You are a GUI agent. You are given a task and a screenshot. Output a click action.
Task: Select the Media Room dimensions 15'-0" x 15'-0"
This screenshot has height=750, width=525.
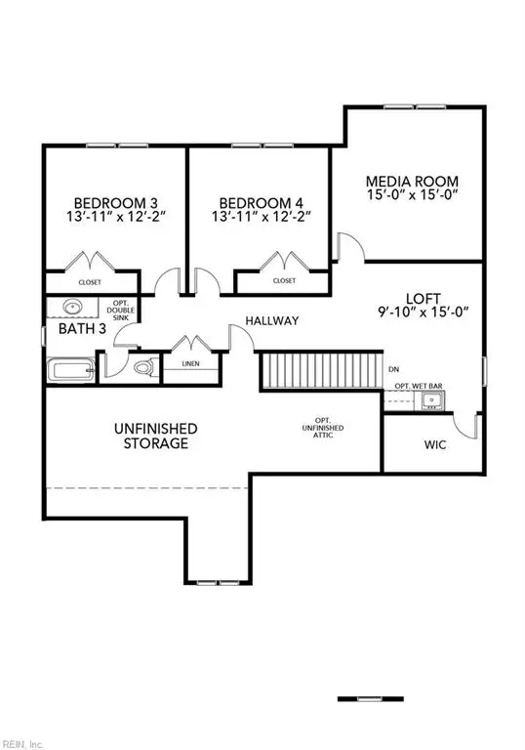point(413,195)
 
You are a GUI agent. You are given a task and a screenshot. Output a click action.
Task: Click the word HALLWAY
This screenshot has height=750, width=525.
point(272,321)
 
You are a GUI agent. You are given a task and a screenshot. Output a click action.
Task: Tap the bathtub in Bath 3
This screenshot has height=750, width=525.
point(71,370)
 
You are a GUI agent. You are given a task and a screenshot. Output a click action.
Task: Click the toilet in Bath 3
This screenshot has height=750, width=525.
point(145,367)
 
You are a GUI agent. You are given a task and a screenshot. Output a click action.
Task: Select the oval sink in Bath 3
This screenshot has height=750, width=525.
point(72,306)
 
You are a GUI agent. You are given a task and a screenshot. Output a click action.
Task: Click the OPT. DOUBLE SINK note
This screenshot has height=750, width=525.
point(120,310)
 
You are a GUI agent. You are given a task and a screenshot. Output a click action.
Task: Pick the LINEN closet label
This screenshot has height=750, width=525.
point(191,364)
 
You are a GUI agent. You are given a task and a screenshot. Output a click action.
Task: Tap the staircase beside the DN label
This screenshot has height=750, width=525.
point(322,371)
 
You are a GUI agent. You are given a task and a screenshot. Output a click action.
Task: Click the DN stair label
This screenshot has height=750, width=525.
point(393,369)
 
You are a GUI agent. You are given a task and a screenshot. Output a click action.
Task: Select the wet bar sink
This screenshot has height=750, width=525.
point(432,400)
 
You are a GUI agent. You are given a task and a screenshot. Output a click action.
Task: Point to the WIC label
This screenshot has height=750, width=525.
point(435,445)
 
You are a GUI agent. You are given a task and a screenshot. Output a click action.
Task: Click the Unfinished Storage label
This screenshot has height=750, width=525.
point(156,436)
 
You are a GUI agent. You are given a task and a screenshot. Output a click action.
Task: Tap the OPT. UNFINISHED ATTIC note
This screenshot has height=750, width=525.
point(323,428)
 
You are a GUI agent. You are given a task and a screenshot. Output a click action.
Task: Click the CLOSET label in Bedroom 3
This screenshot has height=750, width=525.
point(90,282)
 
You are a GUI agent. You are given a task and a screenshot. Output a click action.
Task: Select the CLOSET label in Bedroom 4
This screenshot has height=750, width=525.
point(284,281)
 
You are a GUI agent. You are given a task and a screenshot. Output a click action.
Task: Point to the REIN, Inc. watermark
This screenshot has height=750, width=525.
point(21,744)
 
